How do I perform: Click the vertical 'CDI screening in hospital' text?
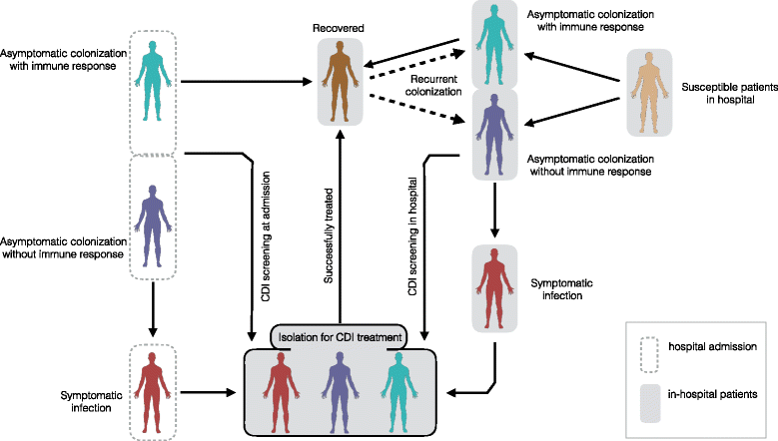tap(411, 235)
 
